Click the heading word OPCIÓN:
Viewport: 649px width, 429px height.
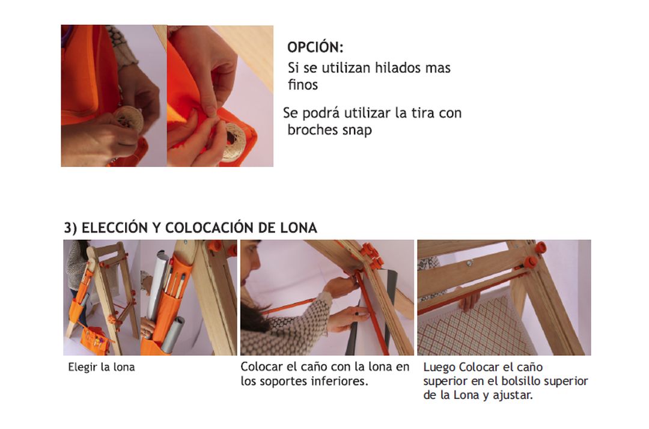[x=315, y=47]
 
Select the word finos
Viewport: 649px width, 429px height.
[x=303, y=85]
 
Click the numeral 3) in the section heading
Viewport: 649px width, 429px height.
[x=70, y=228]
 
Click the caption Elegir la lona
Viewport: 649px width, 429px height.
[x=102, y=367]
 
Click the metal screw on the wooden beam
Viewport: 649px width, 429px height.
[x=470, y=263]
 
